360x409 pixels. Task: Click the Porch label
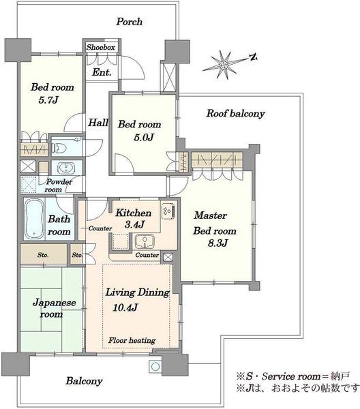[130, 22]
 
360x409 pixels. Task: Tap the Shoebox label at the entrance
[101, 48]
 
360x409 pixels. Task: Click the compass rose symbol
[224, 65]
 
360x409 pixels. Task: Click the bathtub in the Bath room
[35, 219]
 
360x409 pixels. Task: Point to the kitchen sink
[145, 241]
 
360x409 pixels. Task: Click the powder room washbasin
[66, 168]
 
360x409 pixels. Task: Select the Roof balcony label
[235, 113]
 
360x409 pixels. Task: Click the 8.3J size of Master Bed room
[218, 243]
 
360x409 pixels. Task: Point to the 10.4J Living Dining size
[125, 307]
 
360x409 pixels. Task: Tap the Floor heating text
[132, 340]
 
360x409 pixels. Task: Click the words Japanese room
[55, 308]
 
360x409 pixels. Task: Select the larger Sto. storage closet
[44, 254]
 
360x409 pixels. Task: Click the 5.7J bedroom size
[48, 100]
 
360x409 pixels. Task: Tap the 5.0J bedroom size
[143, 137]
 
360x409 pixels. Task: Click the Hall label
[98, 123]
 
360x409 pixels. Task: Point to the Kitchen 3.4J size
[134, 224]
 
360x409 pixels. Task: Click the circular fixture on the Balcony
[155, 367]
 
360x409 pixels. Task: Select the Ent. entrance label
[102, 72]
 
